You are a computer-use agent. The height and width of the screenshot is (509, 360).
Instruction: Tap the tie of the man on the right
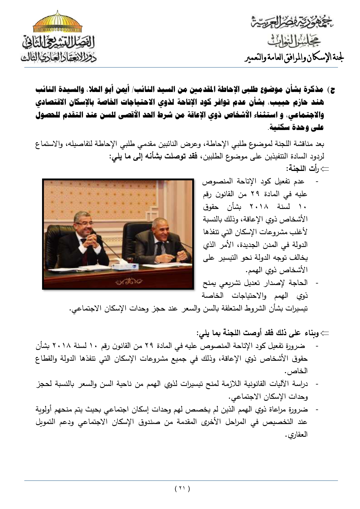tap(159, 250)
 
